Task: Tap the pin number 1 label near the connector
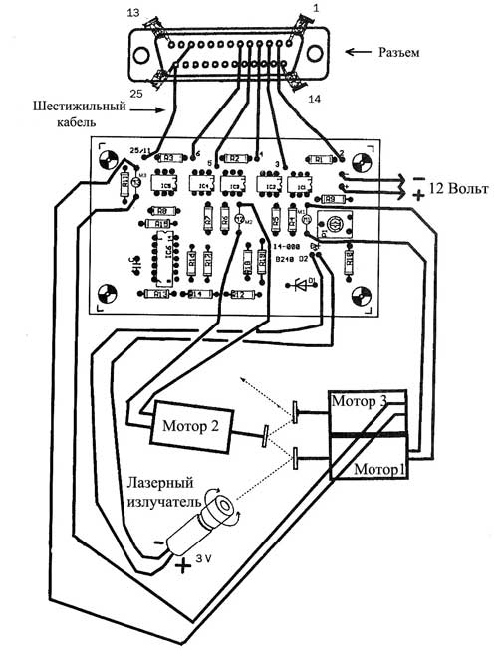[x=316, y=9]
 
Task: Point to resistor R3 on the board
[x=170, y=157]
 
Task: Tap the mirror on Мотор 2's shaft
[x=265, y=435]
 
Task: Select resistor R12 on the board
[x=237, y=295]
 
